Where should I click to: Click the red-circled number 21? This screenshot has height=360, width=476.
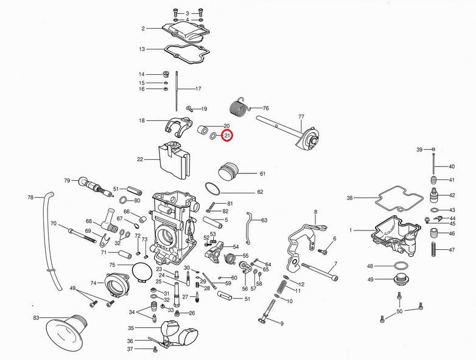coord(226,136)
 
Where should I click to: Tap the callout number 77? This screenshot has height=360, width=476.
coord(301,116)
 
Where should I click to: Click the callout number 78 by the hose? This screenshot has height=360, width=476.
coord(30,198)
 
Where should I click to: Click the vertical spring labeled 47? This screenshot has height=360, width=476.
coord(434,249)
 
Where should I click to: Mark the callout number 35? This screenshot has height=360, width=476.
coord(131,328)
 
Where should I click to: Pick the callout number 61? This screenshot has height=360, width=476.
coord(262,174)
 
